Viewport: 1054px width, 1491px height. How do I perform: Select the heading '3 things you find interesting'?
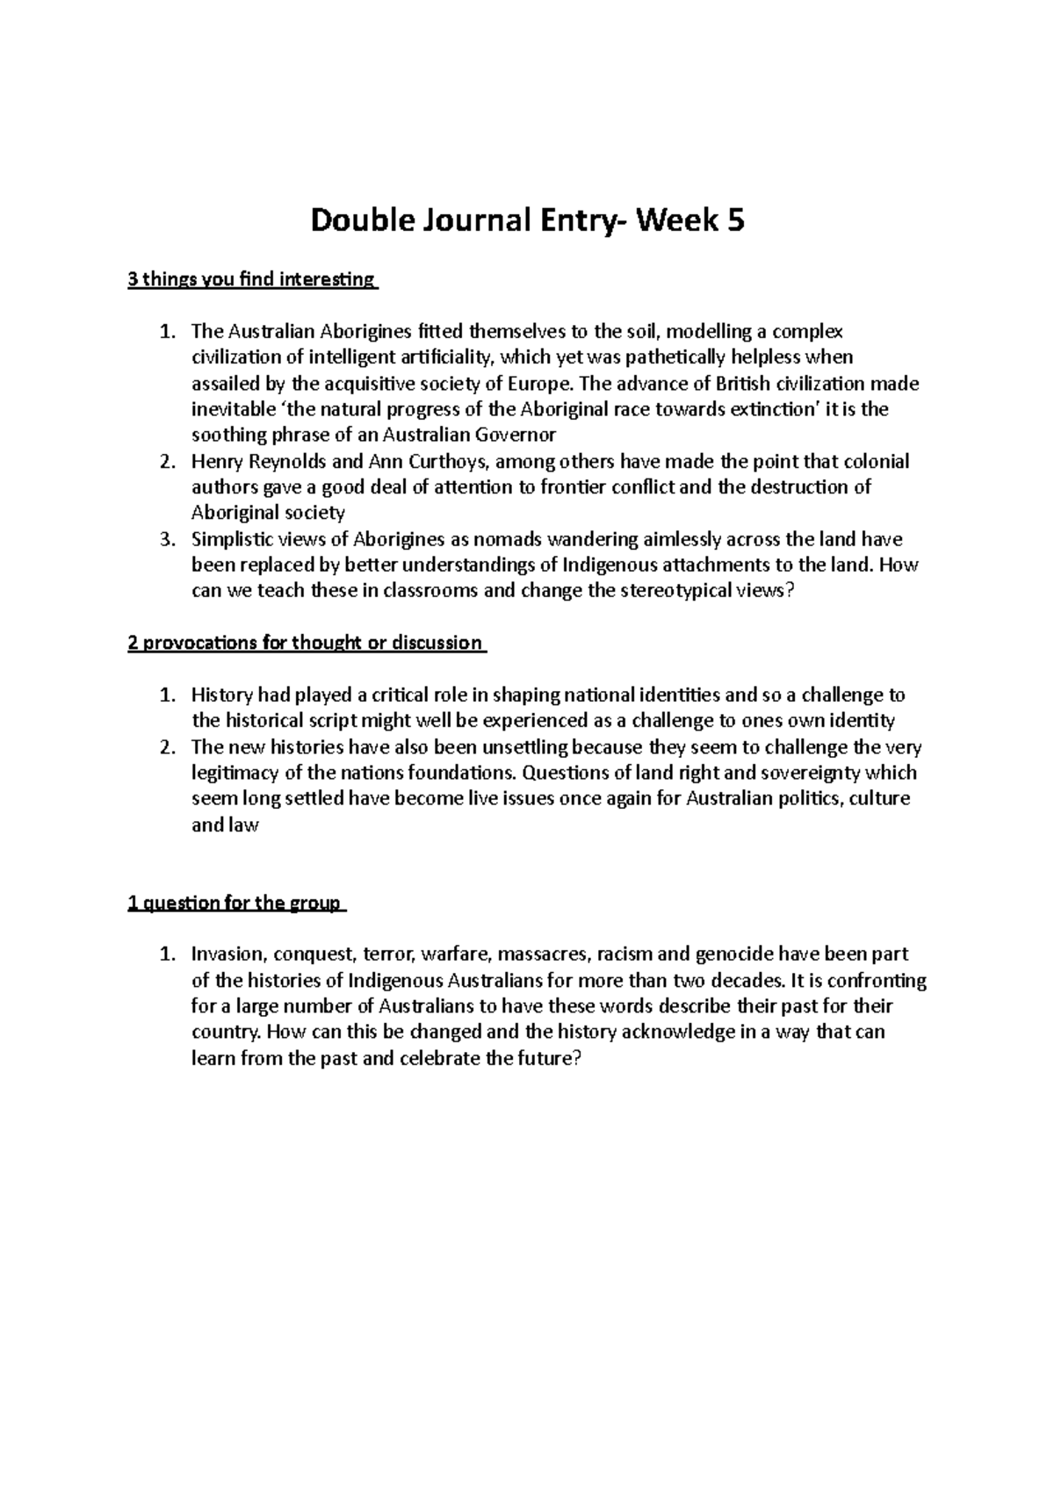[x=251, y=281]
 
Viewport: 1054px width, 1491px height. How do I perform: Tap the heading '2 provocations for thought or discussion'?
[x=306, y=644]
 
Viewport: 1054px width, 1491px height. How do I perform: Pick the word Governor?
[x=516, y=436]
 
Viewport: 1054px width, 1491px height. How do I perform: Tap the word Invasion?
[x=227, y=954]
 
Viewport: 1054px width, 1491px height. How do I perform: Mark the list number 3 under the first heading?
[x=167, y=539]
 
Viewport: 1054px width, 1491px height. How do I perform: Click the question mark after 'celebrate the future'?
[x=577, y=1059]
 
